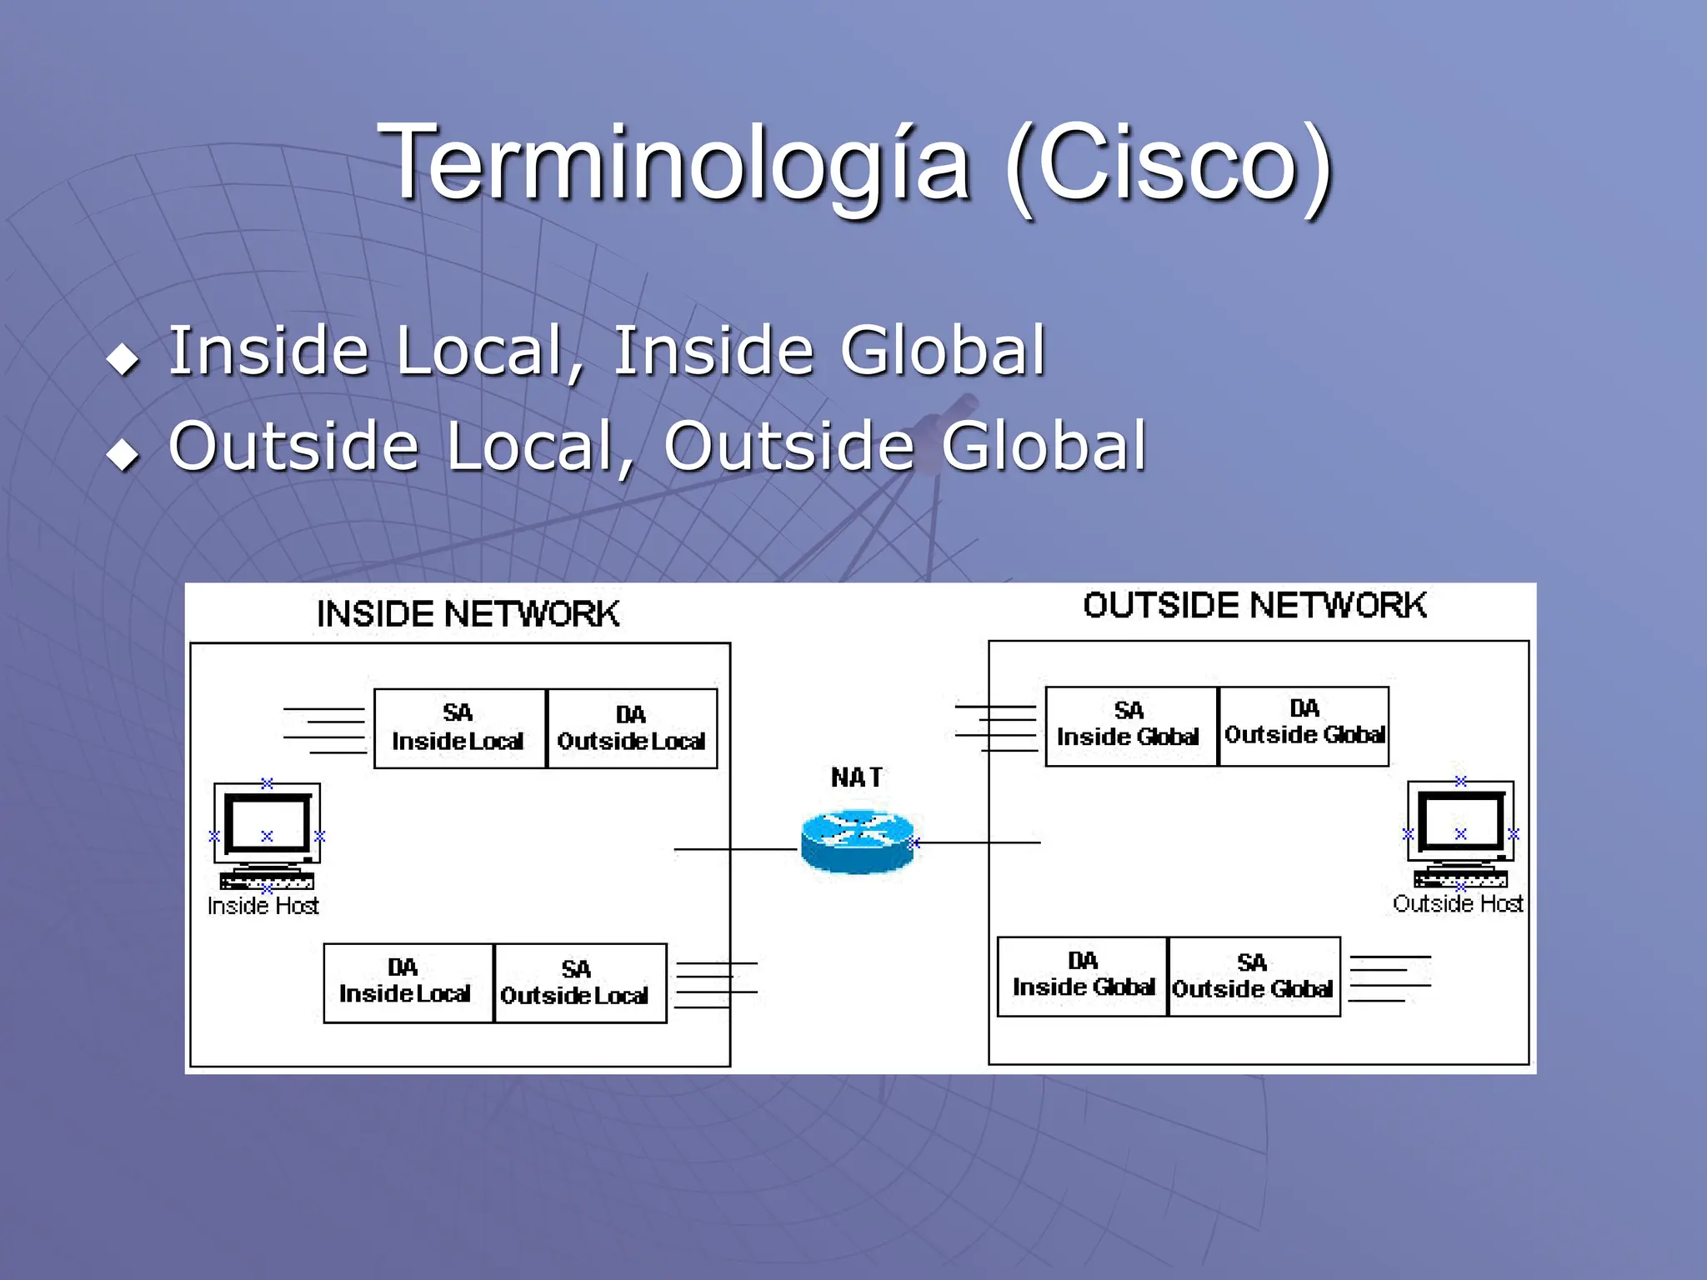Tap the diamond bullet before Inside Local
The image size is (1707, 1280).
click(x=123, y=360)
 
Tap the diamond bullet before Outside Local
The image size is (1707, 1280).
click(x=123, y=455)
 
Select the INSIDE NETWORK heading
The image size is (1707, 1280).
click(x=468, y=614)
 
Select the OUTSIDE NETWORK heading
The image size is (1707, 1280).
click(x=1254, y=606)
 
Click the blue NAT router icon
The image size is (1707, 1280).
click(x=857, y=842)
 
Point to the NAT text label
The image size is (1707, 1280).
click(x=856, y=777)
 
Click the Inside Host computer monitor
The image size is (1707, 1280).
click(x=267, y=825)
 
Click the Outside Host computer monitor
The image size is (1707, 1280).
click(x=1460, y=823)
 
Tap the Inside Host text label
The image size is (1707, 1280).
click(x=263, y=906)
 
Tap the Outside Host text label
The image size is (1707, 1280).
click(x=1458, y=904)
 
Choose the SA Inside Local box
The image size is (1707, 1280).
click(x=459, y=728)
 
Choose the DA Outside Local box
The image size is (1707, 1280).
click(x=632, y=728)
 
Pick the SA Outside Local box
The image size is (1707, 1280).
click(x=580, y=983)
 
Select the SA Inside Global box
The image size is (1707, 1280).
click(x=1131, y=726)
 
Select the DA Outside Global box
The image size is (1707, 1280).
click(x=1304, y=726)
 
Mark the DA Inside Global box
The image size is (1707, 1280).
click(x=1082, y=976)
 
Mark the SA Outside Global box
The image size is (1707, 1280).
click(x=1254, y=977)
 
